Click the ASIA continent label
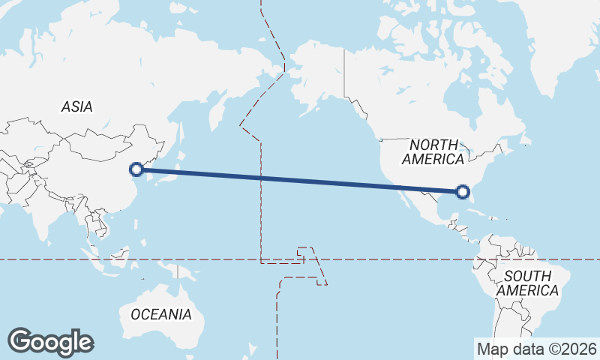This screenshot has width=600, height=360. pos(77,107)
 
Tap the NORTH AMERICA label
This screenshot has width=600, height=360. pos(433,151)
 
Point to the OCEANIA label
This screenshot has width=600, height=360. pos(160,314)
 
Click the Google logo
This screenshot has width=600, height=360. pos(50,342)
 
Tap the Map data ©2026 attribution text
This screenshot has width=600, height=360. pos(536,349)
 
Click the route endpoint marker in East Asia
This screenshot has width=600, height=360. pos(136,169)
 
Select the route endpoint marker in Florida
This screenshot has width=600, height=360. pos(463,193)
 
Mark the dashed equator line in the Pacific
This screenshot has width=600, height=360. pos(375,259)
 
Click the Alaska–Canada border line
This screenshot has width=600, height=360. pos(345,75)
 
